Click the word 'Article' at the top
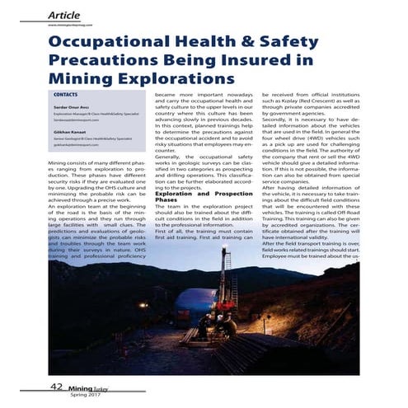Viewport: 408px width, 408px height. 65,14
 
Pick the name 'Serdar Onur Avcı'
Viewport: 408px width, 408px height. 72,108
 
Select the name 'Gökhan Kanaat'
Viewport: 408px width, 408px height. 68,132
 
